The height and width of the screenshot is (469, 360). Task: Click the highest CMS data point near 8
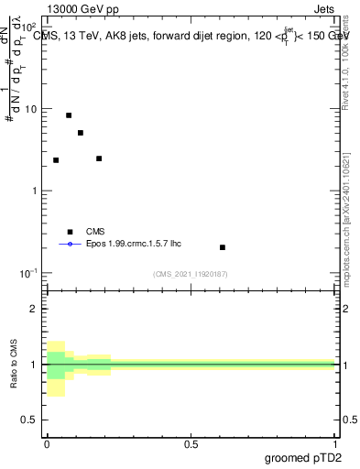click(69, 115)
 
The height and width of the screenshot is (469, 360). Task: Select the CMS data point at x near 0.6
click(223, 247)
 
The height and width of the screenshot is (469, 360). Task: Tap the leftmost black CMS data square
click(56, 160)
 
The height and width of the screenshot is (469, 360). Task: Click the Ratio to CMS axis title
click(14, 365)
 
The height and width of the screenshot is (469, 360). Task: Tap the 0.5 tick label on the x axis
click(191, 442)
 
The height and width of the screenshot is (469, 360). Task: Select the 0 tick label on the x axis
click(47, 442)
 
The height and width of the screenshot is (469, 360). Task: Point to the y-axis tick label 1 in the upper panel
click(36, 191)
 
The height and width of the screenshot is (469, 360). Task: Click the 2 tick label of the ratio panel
click(36, 309)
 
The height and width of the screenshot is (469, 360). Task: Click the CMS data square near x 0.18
click(99, 158)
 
